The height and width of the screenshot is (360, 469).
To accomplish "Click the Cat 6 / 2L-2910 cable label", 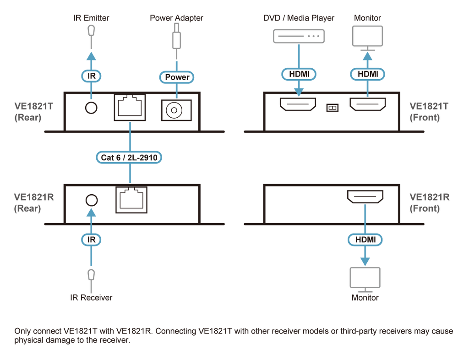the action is tap(129, 158).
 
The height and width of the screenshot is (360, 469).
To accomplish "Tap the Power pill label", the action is tap(177, 77).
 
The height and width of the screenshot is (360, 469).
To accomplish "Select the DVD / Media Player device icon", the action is tap(299, 36).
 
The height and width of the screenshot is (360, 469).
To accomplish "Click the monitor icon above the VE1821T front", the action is tap(367, 38).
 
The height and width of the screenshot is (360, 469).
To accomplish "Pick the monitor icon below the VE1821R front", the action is tap(365, 279).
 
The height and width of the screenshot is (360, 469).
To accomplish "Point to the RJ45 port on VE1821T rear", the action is tap(130, 108).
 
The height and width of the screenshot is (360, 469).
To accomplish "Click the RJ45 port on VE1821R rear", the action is tap(131, 200).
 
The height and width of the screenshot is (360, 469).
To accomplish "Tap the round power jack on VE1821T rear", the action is tap(176, 110).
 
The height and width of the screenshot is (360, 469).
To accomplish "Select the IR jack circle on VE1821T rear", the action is tap(91, 108).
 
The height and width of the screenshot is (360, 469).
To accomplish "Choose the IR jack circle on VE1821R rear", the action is tap(92, 200).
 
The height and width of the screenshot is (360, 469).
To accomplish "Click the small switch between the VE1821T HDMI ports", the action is tap(333, 108).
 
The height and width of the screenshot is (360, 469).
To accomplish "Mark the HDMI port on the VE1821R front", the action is tap(365, 197).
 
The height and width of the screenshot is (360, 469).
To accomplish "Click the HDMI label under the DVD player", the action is tap(299, 74).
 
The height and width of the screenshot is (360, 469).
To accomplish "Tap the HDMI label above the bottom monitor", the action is tap(365, 240).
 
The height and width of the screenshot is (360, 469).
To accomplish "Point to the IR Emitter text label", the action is tap(91, 18).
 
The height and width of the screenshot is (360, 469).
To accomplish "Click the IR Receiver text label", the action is tap(91, 298).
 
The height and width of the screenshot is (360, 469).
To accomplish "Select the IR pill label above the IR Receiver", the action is tap(91, 240).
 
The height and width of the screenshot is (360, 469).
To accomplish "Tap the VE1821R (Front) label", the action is tap(429, 202).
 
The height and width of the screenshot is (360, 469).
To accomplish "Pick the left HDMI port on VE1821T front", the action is tap(298, 104).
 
